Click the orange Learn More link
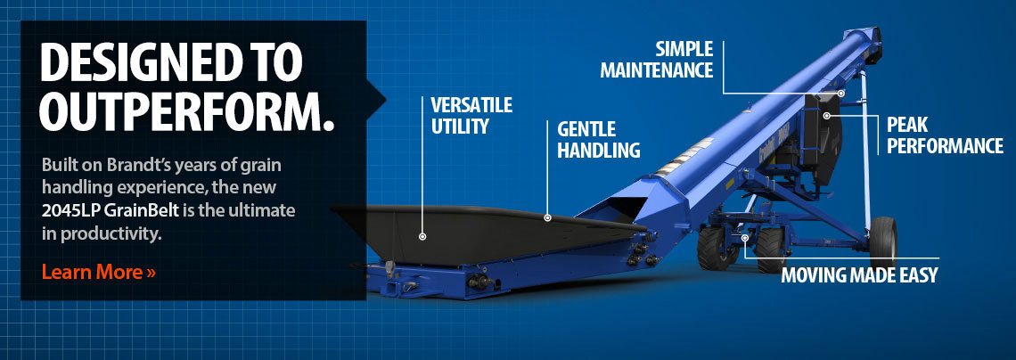point(99,272)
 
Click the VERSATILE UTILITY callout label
point(471,115)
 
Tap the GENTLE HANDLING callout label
point(599,139)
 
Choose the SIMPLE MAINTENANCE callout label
point(656,59)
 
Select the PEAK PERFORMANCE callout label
point(945,135)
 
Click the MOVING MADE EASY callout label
point(859,274)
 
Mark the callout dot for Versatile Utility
point(422,236)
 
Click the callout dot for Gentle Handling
point(547,218)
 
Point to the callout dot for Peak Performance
point(827,116)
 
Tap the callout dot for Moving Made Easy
point(745,238)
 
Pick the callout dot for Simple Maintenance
point(840,94)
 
